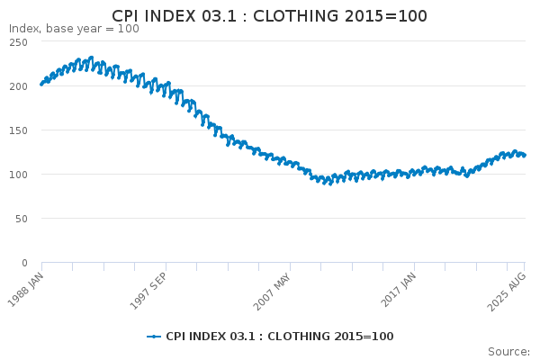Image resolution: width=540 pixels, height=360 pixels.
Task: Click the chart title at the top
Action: point(269,16)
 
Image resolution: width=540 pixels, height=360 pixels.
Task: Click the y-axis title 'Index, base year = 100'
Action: point(74,29)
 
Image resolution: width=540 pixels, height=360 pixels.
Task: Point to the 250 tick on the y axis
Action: point(19,42)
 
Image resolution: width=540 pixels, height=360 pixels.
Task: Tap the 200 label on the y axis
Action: point(19,86)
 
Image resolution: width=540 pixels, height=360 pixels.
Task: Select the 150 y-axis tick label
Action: point(19,130)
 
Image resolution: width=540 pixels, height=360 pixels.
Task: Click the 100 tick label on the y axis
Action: point(19,175)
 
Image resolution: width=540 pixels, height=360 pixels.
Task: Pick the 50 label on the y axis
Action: point(22,219)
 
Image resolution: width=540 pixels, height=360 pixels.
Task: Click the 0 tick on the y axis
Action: point(24,263)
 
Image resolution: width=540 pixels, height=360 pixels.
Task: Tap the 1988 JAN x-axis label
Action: point(26,290)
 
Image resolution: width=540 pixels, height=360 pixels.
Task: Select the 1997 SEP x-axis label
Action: point(148,291)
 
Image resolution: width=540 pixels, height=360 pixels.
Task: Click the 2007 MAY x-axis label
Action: point(273,292)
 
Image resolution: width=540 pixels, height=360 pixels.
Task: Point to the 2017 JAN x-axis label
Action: point(399,290)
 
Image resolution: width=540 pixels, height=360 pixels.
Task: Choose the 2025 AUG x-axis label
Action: point(507,292)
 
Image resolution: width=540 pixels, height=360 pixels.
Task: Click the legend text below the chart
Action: point(280,337)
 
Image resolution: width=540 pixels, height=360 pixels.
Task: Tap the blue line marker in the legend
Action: point(154,337)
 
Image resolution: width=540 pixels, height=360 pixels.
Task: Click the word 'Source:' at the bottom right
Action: point(509,351)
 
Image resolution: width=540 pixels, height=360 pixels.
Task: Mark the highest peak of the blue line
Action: point(91,58)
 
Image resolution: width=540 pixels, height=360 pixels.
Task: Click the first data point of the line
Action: point(41,84)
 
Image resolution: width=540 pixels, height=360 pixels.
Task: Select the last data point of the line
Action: point(525,156)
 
